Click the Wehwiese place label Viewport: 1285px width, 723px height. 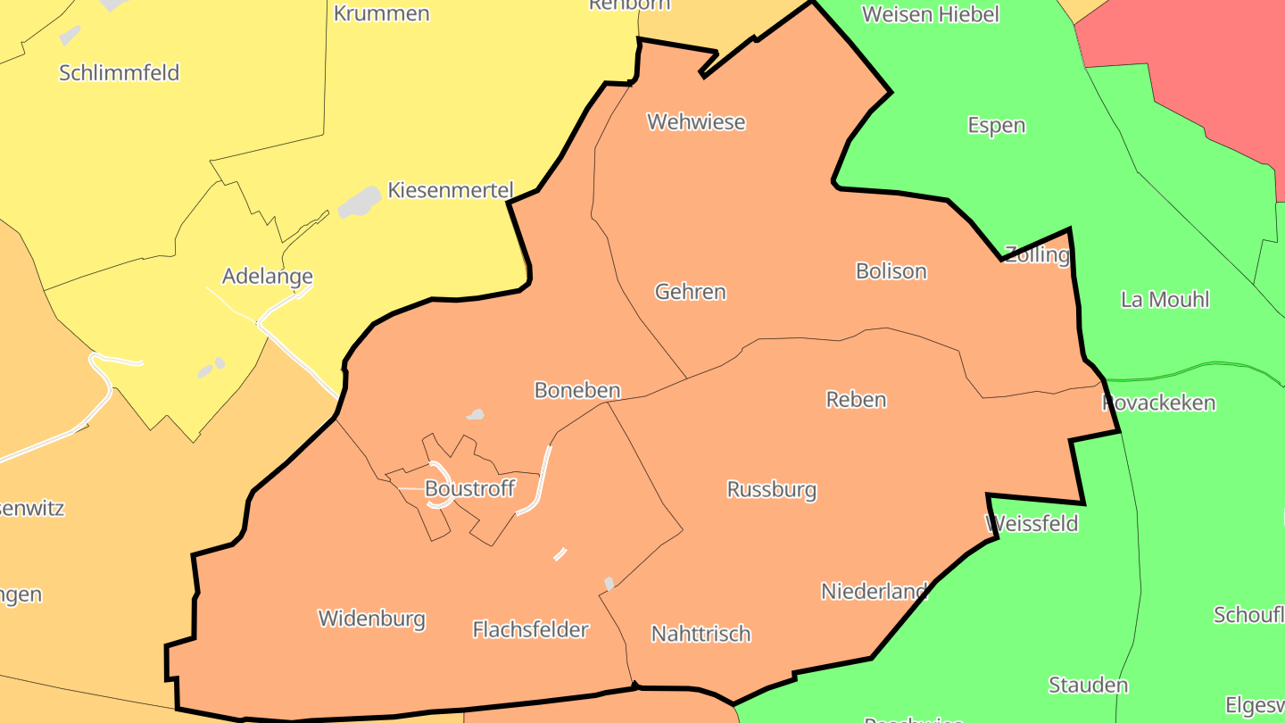tap(696, 121)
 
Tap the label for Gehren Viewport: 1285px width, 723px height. tap(690, 292)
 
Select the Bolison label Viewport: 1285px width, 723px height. tap(891, 271)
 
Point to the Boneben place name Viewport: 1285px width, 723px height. tap(576, 390)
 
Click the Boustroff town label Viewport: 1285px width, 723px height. tap(469, 488)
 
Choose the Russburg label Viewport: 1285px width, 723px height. tap(771, 489)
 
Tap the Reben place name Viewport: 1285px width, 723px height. tap(856, 399)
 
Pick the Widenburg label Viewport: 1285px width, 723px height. tap(371, 619)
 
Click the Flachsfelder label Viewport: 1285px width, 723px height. tap(530, 630)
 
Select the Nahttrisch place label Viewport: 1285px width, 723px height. tap(701, 634)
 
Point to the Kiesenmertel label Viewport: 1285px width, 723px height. tap(450, 190)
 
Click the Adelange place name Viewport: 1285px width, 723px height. tap(267, 276)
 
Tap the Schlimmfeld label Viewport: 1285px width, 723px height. tap(120, 72)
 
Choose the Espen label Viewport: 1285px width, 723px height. tap(996, 125)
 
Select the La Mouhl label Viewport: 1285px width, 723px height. tap(1165, 299)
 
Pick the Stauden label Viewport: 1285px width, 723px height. tap(1088, 686)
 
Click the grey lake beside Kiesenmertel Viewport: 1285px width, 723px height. tap(359, 202)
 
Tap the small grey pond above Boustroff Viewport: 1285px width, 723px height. tap(476, 414)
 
